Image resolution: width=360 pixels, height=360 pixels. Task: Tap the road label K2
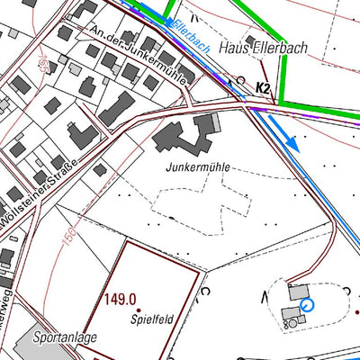[263, 87]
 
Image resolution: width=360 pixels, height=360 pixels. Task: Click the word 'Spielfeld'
[150, 318]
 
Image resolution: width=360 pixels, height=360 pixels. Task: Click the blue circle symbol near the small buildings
[307, 306]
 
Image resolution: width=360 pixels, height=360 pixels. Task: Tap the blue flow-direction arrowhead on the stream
[292, 144]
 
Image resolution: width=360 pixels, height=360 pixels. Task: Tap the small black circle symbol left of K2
[239, 81]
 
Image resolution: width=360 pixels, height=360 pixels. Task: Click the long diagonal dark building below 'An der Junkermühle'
[114, 107]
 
